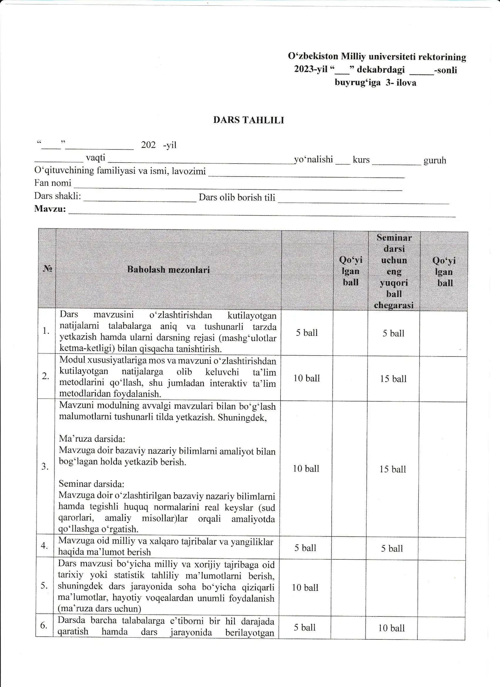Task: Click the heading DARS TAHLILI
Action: (x=249, y=120)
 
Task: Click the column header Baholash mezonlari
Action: (x=168, y=269)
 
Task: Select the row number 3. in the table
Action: (x=45, y=466)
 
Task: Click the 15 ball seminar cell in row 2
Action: (x=393, y=378)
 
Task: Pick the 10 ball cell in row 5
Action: (x=305, y=588)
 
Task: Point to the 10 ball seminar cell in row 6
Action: (x=391, y=628)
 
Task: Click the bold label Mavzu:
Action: (x=50, y=209)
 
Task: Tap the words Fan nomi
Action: (x=53, y=183)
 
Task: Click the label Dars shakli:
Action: (x=58, y=196)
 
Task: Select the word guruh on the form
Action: (x=434, y=160)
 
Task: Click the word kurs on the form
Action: (x=361, y=160)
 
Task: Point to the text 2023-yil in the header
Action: (x=311, y=69)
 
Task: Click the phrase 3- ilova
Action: (x=401, y=83)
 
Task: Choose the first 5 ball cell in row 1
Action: (x=307, y=333)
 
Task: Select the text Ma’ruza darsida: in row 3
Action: (x=92, y=438)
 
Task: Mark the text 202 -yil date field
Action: (x=159, y=145)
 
